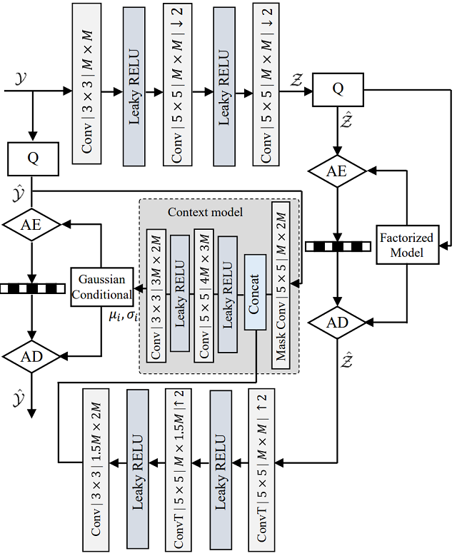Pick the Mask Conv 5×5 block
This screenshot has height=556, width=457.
[x=281, y=285]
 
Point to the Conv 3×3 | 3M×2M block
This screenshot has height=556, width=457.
[x=156, y=295]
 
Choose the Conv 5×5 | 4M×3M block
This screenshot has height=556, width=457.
[x=204, y=295]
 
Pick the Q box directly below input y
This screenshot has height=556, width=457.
[x=32, y=158]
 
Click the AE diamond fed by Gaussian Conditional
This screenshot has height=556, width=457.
[x=32, y=223]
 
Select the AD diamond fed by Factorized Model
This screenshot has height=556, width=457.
[x=337, y=323]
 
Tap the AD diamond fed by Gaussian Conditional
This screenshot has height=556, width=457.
[x=32, y=355]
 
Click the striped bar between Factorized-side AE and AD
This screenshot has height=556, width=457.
[x=337, y=246]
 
